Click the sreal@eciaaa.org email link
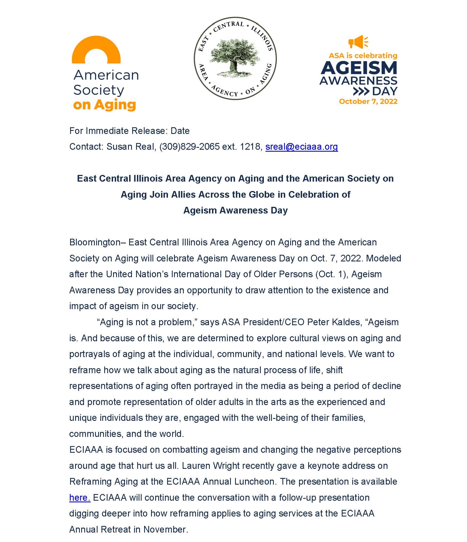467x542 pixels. pos(302,147)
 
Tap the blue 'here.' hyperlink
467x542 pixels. pos(80,498)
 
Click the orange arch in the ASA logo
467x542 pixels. pos(96,50)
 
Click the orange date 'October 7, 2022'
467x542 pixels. pos(368,101)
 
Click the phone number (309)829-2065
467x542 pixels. pos(189,147)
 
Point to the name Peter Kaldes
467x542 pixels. pos(334,322)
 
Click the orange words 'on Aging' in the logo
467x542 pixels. pos(104,105)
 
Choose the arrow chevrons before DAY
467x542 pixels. pos(361,91)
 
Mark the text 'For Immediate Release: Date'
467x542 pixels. pos(129,131)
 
